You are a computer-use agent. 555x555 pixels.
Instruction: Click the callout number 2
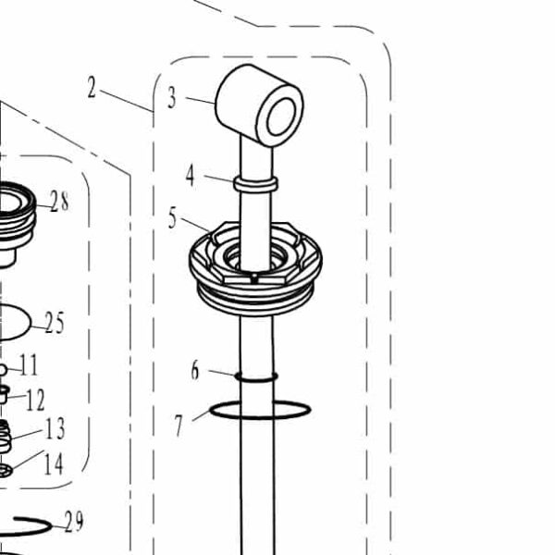coord(92,88)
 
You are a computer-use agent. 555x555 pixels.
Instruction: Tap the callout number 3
coord(172,98)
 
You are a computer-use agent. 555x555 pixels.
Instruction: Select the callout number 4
coord(191,175)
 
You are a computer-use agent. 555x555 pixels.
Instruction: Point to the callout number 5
coord(172,218)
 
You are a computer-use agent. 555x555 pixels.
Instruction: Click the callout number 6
coord(195,371)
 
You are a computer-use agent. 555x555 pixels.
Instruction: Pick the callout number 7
coord(179,425)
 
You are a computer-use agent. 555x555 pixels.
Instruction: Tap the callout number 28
coord(59,203)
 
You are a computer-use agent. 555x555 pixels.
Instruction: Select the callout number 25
coord(55,323)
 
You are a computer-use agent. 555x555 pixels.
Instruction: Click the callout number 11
coord(29,365)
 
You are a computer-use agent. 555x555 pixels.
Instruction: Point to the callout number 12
coord(35,401)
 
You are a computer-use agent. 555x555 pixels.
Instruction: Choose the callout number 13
coord(55,428)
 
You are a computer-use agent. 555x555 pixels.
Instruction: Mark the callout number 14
coord(54,463)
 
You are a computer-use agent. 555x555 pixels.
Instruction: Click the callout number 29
coord(73,523)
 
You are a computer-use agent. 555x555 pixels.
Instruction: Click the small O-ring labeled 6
coord(256,376)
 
